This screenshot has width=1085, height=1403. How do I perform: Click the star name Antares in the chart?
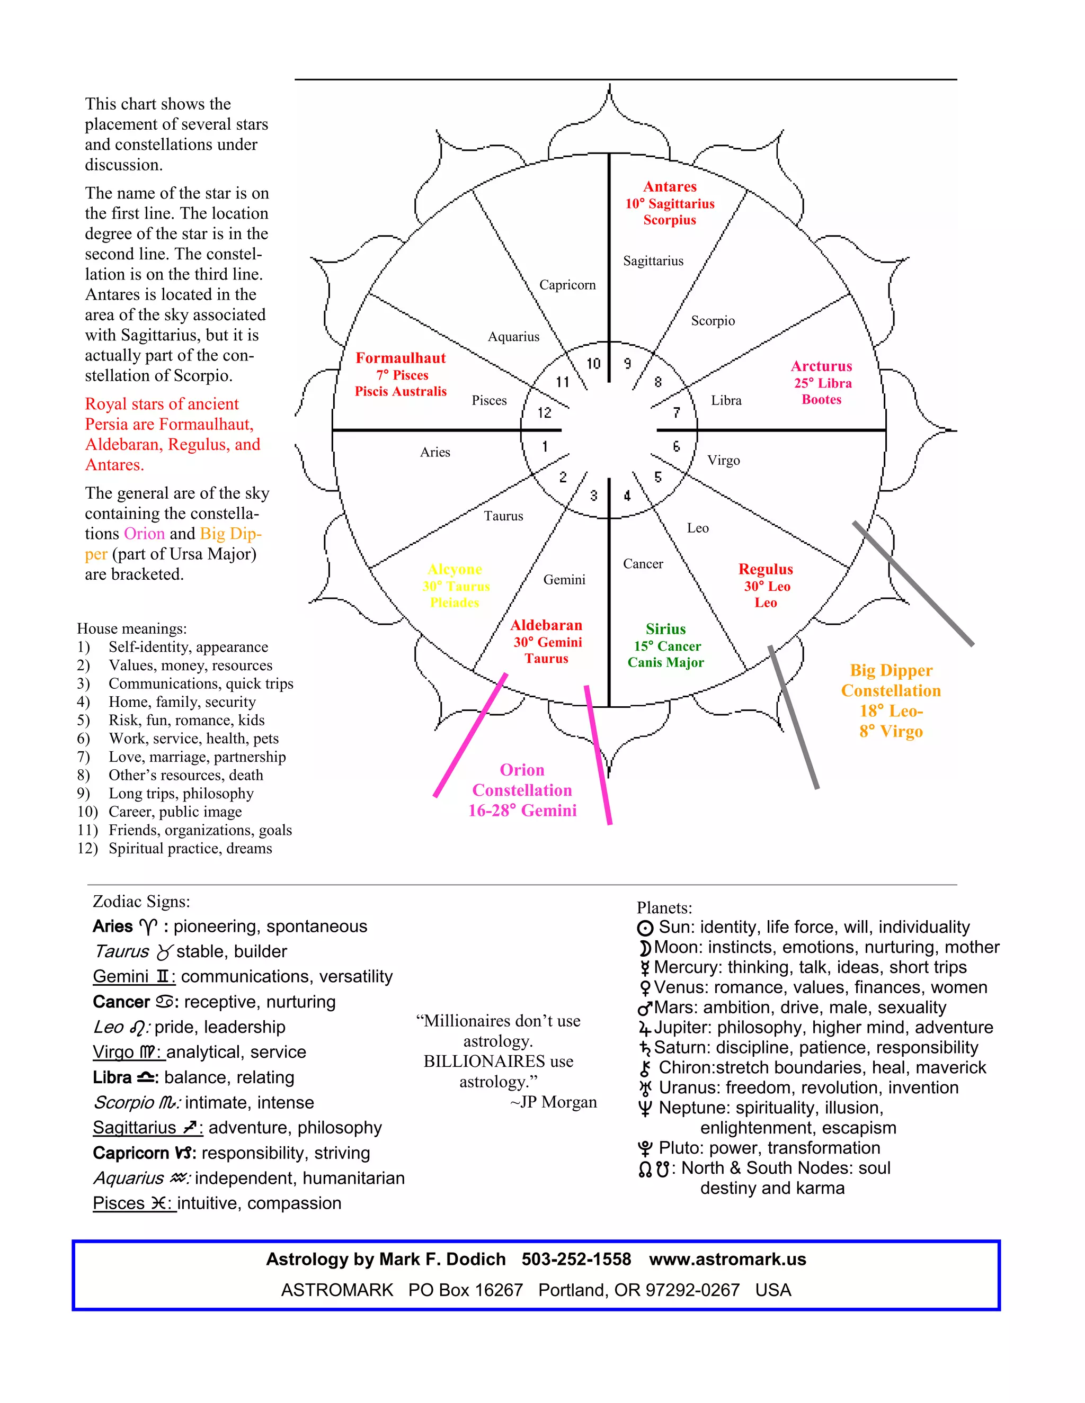(x=670, y=187)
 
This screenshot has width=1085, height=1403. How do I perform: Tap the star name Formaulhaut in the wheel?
(x=401, y=358)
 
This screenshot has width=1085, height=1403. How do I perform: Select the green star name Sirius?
(x=665, y=629)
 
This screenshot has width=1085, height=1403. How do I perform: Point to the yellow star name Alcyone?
(x=455, y=570)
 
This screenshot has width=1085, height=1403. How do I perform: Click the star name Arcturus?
(x=822, y=366)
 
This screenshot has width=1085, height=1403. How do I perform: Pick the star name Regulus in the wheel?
(x=766, y=570)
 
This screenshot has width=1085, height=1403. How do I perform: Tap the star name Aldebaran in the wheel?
(x=546, y=626)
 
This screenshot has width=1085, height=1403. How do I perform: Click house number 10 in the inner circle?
(x=593, y=364)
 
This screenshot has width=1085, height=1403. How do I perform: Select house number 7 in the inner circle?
(x=676, y=412)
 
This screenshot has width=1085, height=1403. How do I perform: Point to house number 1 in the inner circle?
(x=545, y=446)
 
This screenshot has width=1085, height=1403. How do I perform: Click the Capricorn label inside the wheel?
(x=567, y=285)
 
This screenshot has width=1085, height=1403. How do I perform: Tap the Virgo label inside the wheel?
(x=723, y=461)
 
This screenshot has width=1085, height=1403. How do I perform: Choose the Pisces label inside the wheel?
(x=489, y=401)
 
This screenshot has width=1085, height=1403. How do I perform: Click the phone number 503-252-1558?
(x=576, y=1259)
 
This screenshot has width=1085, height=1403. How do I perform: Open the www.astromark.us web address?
(x=727, y=1259)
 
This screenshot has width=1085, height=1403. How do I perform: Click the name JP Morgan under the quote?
(x=558, y=1102)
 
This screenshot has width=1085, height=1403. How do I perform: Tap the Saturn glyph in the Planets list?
(x=645, y=1048)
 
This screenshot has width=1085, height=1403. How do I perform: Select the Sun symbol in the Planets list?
(x=645, y=928)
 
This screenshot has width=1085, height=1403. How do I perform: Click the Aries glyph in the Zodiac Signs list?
(x=148, y=927)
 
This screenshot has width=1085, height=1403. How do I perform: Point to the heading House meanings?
(x=132, y=629)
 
